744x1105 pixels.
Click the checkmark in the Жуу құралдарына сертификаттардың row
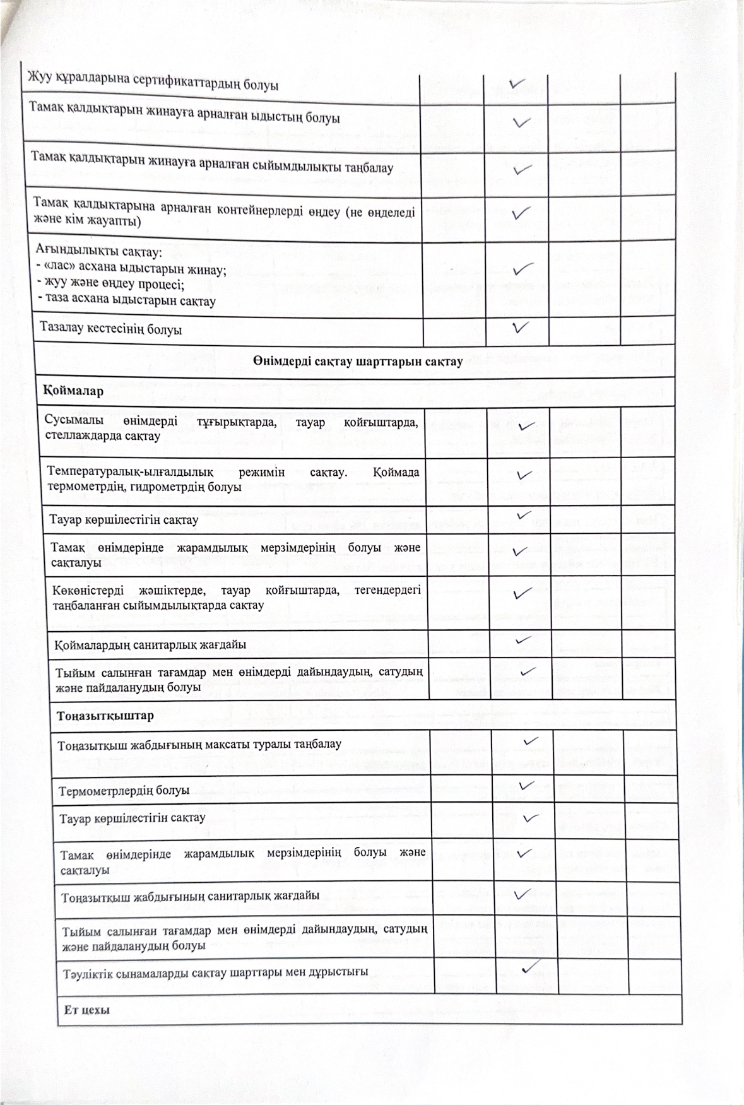[517, 83]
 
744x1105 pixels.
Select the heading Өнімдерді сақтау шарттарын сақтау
[358, 362]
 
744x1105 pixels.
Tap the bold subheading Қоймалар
[64, 391]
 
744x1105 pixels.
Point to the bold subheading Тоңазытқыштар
[105, 716]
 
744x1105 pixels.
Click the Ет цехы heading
[87, 1010]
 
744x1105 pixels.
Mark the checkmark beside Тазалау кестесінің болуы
[521, 327]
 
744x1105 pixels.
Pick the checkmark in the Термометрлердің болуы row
[526, 786]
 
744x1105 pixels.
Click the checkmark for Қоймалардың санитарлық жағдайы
[523, 640]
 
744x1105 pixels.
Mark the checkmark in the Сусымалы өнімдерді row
[523, 427]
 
